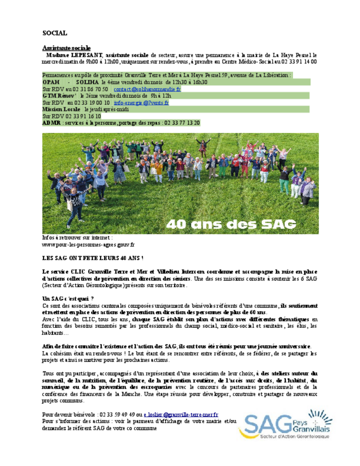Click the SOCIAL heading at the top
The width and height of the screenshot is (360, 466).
click(x=55, y=33)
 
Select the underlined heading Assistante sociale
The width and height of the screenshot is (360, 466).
click(x=66, y=48)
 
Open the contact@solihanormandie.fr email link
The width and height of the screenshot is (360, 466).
click(x=147, y=89)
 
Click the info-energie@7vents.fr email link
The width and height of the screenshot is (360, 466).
click(x=141, y=103)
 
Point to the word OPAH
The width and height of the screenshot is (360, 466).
click(x=51, y=82)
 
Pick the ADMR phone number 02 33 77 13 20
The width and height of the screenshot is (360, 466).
click(x=182, y=122)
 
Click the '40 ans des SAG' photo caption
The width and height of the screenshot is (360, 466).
click(x=231, y=224)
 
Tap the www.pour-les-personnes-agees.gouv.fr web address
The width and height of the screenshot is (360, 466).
click(x=88, y=244)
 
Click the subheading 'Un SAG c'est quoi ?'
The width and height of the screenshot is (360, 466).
click(x=68, y=299)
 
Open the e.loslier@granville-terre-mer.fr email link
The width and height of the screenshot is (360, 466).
click(x=181, y=414)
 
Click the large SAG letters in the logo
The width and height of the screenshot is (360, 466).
click(x=265, y=426)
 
